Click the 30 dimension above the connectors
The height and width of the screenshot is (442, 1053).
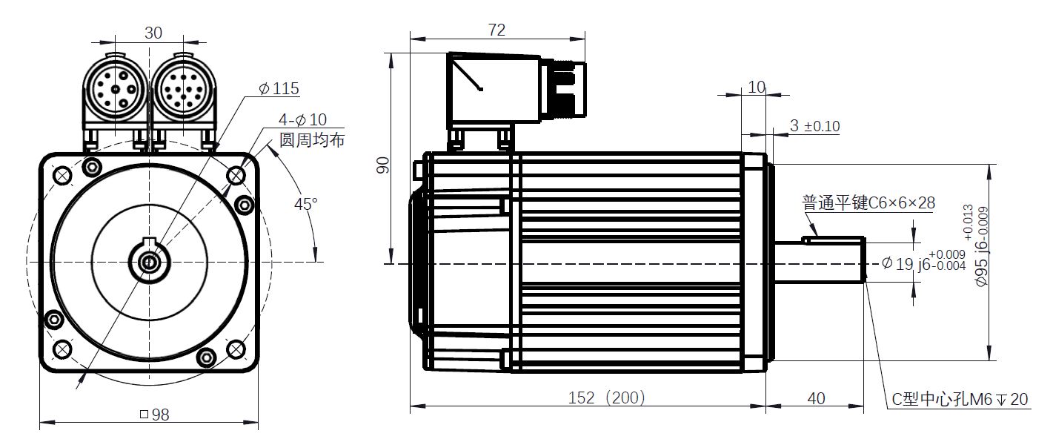pyautogui.click(x=153, y=33)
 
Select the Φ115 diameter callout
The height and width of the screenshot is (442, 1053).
pyautogui.click(x=279, y=88)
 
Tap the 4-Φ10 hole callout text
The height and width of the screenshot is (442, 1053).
pyautogui.click(x=302, y=119)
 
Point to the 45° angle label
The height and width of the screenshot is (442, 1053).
pyautogui.click(x=306, y=204)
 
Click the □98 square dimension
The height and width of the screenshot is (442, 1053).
pyautogui.click(x=155, y=415)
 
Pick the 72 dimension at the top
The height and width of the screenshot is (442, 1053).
pyautogui.click(x=496, y=30)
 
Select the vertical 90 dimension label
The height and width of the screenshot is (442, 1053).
pyautogui.click(x=384, y=165)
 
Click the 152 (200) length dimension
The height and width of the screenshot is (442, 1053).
pyautogui.click(x=606, y=398)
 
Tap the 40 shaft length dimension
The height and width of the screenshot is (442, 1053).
pyautogui.click(x=816, y=398)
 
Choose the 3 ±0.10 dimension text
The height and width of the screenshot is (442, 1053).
pyautogui.click(x=814, y=125)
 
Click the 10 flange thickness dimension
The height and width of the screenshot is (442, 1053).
pyautogui.click(x=757, y=87)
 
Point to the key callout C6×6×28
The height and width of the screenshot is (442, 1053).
pyautogui.click(x=868, y=202)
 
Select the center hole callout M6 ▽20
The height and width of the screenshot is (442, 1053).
pyautogui.click(x=960, y=399)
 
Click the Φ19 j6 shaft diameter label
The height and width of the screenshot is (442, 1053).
pyautogui.click(x=923, y=263)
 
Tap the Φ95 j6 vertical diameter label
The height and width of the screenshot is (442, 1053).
pyautogui.click(x=975, y=245)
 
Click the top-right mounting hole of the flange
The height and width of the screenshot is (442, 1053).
pyautogui.click(x=236, y=177)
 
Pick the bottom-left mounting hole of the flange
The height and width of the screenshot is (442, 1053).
pyautogui.click(x=62, y=349)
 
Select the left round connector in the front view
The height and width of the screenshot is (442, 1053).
pyautogui.click(x=116, y=89)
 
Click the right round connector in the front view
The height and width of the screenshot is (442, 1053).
pyautogui.click(x=183, y=89)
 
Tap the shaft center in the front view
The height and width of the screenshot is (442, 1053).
pyautogui.click(x=150, y=262)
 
